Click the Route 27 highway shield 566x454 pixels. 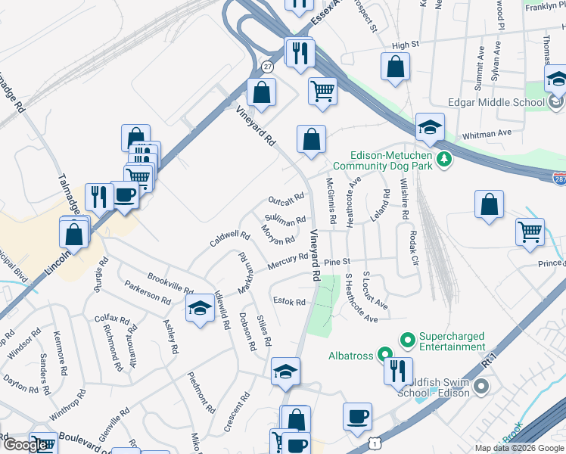coord(267,67)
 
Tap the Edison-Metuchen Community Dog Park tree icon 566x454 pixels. coord(446,158)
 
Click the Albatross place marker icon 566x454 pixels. coord(385,354)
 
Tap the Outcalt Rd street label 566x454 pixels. coord(286,200)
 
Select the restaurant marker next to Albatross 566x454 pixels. coord(393,371)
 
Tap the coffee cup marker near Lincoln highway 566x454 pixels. coord(125,195)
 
